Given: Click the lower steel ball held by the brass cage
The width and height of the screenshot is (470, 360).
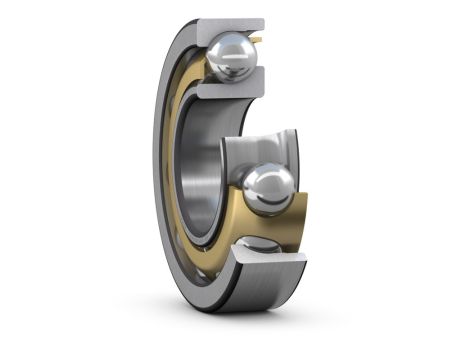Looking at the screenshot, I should pos(267,187).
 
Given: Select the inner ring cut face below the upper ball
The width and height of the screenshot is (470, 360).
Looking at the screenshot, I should pos(227,89).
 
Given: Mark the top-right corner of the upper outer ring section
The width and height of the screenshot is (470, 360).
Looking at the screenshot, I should pos(262,19).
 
